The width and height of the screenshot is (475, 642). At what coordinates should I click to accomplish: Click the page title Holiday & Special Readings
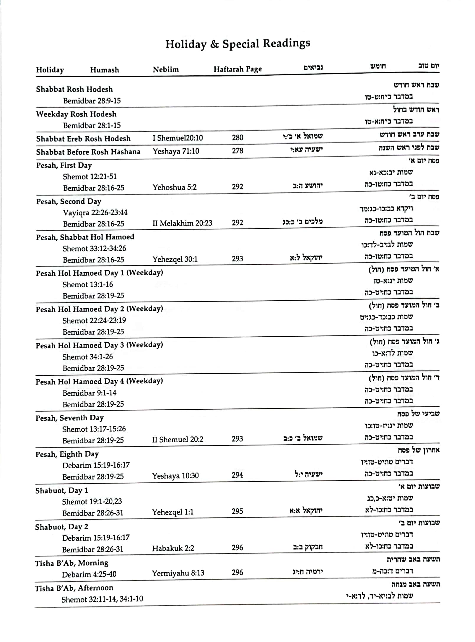coord(237,44)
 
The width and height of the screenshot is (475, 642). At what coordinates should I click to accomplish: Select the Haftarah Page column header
coord(237,69)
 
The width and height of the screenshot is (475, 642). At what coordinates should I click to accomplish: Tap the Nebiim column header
coord(166,69)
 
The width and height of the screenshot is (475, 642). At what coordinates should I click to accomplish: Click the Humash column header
coord(104,70)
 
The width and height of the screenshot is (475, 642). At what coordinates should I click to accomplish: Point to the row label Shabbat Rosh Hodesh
coord(74,89)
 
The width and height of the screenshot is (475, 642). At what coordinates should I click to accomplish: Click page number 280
coord(237,137)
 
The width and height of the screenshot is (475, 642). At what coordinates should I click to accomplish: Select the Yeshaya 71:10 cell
coord(176,151)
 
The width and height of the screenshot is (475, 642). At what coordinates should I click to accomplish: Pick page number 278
coord(237,151)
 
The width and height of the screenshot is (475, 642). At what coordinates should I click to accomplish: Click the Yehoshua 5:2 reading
coord(174,187)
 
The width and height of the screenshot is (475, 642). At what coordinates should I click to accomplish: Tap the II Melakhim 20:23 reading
coord(182,223)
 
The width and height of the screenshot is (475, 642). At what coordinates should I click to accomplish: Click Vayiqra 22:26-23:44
coord(95,213)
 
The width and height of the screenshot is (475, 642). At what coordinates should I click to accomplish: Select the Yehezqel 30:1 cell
coord(175,259)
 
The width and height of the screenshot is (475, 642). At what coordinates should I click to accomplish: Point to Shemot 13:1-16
coord(87,284)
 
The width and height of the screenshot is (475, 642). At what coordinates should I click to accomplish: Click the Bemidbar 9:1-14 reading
coord(89,393)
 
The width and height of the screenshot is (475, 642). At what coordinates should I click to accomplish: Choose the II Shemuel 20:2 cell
coord(178,440)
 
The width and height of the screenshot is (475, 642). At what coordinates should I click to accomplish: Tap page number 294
coord(237,475)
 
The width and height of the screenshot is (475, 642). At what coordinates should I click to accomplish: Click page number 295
coord(237,511)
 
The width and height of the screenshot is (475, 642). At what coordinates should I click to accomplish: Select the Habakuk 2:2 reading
coord(173,548)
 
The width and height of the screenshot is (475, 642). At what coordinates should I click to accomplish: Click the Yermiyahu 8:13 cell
coord(178,573)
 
